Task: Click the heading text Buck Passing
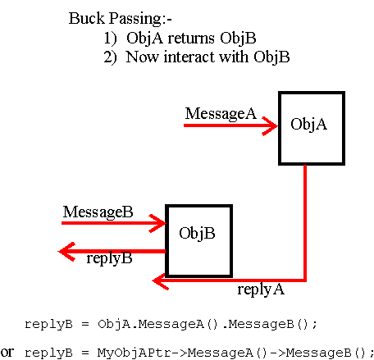pyautogui.click(x=115, y=19)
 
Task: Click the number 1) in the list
pyautogui.click(x=110, y=39)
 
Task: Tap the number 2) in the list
pyautogui.click(x=110, y=57)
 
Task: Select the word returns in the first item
pyautogui.click(x=191, y=39)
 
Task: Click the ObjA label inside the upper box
pyautogui.click(x=308, y=125)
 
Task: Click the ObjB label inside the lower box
pyautogui.click(x=197, y=234)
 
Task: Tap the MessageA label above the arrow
pyautogui.click(x=221, y=114)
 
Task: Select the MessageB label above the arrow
pyautogui.click(x=98, y=212)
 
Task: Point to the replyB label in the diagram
pyautogui.click(x=109, y=258)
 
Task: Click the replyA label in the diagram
pyautogui.click(x=261, y=289)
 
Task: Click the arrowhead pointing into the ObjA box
pyautogui.click(x=270, y=125)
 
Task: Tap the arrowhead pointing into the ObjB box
pyautogui.click(x=157, y=223)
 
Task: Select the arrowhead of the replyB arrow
pyautogui.click(x=66, y=252)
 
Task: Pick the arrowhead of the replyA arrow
pyautogui.click(x=161, y=280)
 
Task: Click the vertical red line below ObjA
pyautogui.click(x=305, y=222)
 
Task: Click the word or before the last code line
pyautogui.click(x=7, y=352)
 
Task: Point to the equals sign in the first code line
pyautogui.click(x=85, y=325)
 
